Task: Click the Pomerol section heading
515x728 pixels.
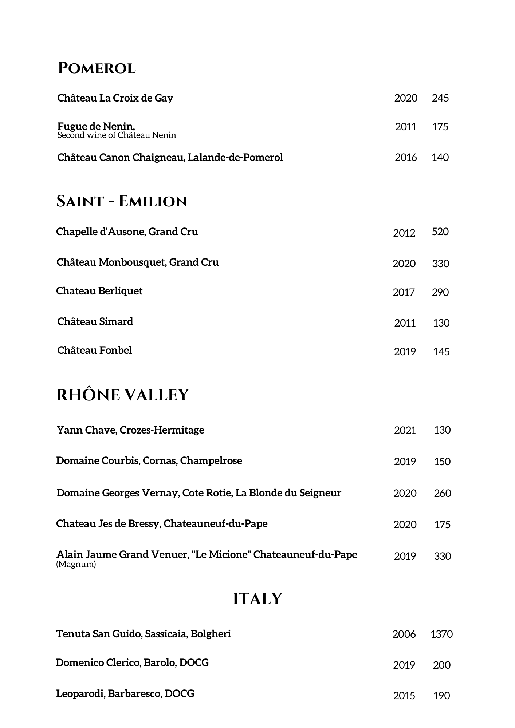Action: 97,68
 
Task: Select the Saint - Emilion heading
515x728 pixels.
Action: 122,201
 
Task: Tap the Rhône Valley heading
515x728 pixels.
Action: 123,395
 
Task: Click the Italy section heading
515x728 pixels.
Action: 257,599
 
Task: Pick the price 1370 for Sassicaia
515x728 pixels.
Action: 441,634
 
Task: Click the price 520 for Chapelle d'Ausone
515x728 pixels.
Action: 440,232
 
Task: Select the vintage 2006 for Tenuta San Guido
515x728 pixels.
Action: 404,634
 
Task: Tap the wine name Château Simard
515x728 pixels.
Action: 95,321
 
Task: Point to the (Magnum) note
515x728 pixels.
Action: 76,565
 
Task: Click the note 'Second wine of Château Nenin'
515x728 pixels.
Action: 117,135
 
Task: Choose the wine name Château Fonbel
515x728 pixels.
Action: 95,350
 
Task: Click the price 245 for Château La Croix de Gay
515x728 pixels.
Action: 440,98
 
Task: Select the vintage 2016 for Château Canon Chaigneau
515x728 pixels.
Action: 406,157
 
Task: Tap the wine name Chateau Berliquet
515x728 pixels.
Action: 99,291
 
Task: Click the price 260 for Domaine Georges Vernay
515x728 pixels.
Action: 442,493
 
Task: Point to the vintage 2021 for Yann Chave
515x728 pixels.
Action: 405,430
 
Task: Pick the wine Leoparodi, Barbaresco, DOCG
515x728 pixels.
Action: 125,693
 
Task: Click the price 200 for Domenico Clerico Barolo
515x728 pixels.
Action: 441,665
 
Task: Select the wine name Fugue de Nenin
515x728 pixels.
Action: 96,126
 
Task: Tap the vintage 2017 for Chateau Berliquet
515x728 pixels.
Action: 404,292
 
